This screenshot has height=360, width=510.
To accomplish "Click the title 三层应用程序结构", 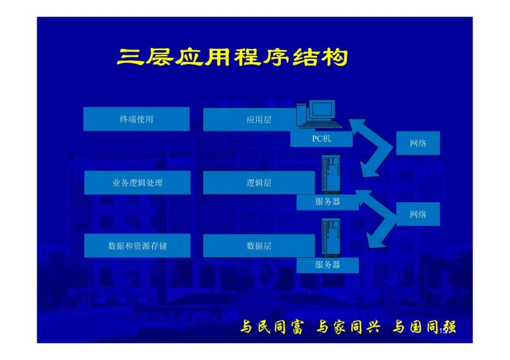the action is point(232,57).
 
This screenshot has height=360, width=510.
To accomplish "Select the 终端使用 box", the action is point(136,119).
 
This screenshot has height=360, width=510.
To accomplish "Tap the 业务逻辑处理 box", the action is point(137,183).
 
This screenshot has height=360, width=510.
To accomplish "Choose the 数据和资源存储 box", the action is point(137,246).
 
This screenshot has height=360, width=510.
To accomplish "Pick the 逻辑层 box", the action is point(259,183).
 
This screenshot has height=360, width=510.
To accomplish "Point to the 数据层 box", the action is point(259,246).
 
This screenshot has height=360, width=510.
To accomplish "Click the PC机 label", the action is point(321,139).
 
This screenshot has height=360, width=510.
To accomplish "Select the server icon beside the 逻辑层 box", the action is point(331,175).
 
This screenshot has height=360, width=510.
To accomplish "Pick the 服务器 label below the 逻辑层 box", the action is point(328,202).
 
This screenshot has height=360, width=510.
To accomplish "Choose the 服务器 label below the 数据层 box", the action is point(328,265).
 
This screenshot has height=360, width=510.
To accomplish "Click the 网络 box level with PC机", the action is point(418,143).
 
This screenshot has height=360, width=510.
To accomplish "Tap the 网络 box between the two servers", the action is point(418,214).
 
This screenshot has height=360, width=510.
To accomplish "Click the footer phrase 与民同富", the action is point(271,327).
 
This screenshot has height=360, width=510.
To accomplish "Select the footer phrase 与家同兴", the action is point(348,327).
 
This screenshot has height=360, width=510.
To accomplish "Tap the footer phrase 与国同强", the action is point(424,327).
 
